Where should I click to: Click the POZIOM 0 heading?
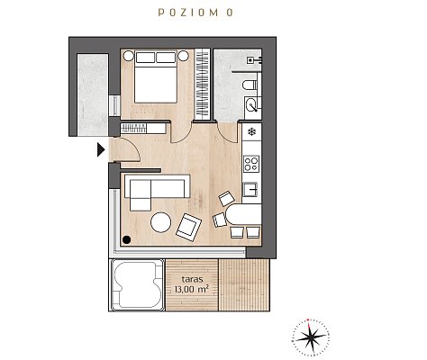coord(195,13)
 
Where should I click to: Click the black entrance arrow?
coord(101,149)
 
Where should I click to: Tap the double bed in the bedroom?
coord(155,77)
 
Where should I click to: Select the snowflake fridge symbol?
coord(251,131)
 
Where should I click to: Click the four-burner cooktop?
coord(251,164)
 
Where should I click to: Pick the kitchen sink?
coord(250,189)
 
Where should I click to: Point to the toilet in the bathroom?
coord(250,85)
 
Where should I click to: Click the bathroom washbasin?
coord(252,104)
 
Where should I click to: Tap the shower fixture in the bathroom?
coord(254,60)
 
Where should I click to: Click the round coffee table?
coord(161,222)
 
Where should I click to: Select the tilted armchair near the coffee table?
coord(188,227)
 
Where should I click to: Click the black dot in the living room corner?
coord(127,239)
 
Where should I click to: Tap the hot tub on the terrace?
coord(138,285)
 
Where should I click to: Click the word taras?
coord(192,279)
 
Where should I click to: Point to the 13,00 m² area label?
coord(192,289)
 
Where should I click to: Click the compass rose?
coord(311,337)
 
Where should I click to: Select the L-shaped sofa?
coord(157,190)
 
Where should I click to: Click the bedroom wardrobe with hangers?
coord(202,85)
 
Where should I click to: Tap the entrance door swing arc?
coord(133,147)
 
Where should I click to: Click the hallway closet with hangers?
coord(143,129)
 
